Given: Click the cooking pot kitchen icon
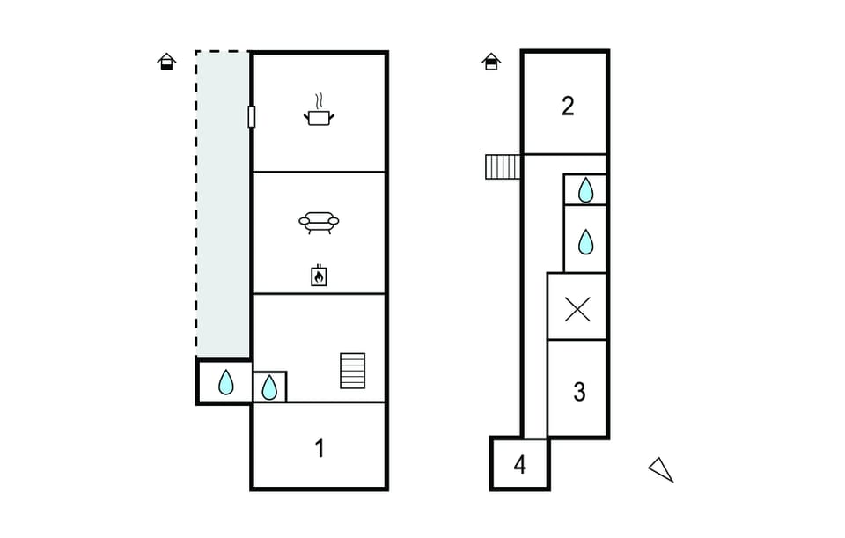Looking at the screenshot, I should [x=320, y=117].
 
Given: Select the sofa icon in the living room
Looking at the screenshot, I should [x=319, y=222].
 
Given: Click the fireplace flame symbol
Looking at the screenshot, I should [x=319, y=276].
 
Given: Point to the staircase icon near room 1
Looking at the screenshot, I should [x=352, y=371].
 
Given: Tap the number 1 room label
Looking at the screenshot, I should [x=320, y=448].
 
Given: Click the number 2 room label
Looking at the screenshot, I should [x=568, y=107].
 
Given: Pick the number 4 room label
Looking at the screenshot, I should [x=519, y=465].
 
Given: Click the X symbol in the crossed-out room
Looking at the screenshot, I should [x=577, y=309].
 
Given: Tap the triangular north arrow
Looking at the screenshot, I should [x=662, y=469].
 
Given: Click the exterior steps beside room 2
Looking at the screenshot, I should [x=503, y=166].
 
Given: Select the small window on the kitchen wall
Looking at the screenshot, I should [x=252, y=116].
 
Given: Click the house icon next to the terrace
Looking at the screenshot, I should [x=166, y=61].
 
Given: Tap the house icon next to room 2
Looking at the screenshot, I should [x=491, y=61].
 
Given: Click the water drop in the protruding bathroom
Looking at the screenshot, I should [x=226, y=382].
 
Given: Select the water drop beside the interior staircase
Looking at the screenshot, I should [x=269, y=387].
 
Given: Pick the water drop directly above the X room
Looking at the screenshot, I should [x=584, y=240].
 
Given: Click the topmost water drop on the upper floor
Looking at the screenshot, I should [x=585, y=189].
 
